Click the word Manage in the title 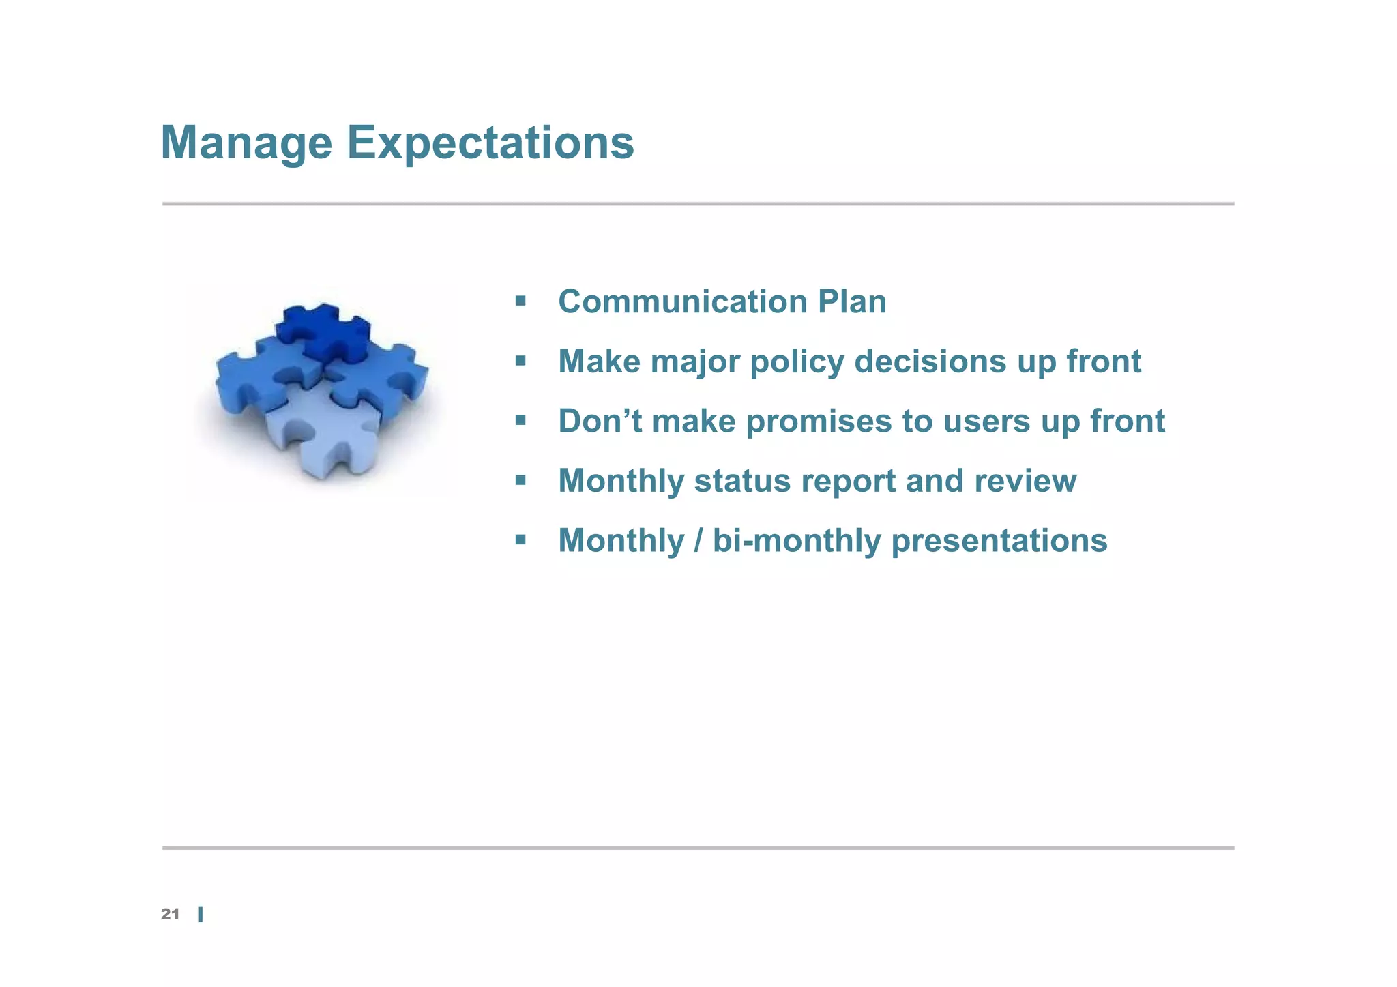tap(246, 144)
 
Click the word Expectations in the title tap(490, 144)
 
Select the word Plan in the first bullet tap(852, 302)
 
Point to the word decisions tap(930, 362)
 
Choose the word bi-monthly tap(797, 541)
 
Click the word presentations tap(999, 542)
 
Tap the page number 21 tap(170, 915)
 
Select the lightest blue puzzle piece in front tap(321, 430)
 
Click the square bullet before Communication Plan tap(520, 301)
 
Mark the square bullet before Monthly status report tap(520, 480)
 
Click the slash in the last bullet tap(698, 541)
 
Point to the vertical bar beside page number tap(201, 915)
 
